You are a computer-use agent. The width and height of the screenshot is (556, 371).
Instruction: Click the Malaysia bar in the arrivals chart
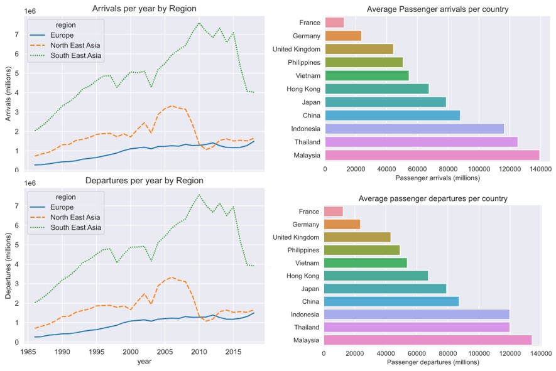point(432,155)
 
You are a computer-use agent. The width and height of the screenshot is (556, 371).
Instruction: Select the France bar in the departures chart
point(333,212)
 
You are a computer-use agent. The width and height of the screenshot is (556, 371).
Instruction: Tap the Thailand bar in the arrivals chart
point(421,142)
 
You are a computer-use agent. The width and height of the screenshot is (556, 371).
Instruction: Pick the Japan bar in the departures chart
point(384,289)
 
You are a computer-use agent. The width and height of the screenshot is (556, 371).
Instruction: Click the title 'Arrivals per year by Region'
point(144,9)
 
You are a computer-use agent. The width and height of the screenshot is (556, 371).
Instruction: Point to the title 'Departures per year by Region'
point(144,181)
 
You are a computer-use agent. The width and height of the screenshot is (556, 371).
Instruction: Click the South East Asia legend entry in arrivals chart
point(75,55)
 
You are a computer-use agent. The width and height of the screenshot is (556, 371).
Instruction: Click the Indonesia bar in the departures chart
point(417,315)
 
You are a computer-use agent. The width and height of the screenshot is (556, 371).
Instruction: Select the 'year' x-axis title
point(144,362)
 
